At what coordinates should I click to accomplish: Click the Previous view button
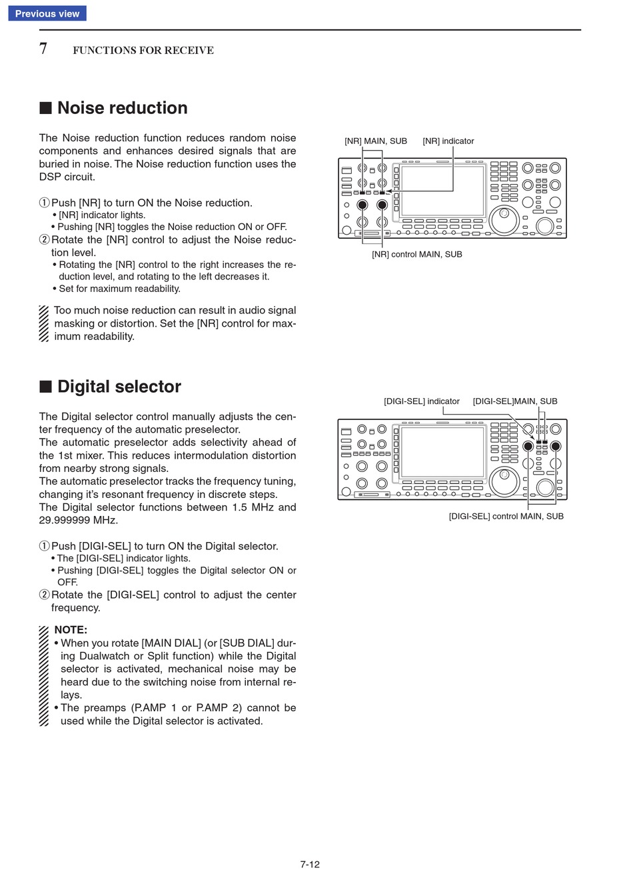47,13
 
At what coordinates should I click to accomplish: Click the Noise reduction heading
122,108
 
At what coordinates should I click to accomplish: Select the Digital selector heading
119,387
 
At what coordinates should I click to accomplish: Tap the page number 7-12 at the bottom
310,865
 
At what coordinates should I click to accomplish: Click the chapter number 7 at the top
43,49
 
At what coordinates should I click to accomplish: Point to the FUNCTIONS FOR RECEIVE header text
143,51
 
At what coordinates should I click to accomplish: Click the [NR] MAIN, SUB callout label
376,141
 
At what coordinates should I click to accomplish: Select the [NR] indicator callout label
448,141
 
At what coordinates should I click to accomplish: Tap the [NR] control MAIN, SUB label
417,255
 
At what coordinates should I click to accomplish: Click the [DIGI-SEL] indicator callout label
422,401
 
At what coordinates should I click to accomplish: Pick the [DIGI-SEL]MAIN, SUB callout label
515,401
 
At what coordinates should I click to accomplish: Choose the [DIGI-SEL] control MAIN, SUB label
506,517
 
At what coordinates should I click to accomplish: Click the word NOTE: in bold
71,630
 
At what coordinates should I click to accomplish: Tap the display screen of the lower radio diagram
442,452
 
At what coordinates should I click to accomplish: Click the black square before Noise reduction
45,108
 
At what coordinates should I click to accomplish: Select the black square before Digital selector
45,387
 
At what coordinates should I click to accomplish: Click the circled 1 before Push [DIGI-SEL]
45,547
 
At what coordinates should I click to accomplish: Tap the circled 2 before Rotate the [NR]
45,240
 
